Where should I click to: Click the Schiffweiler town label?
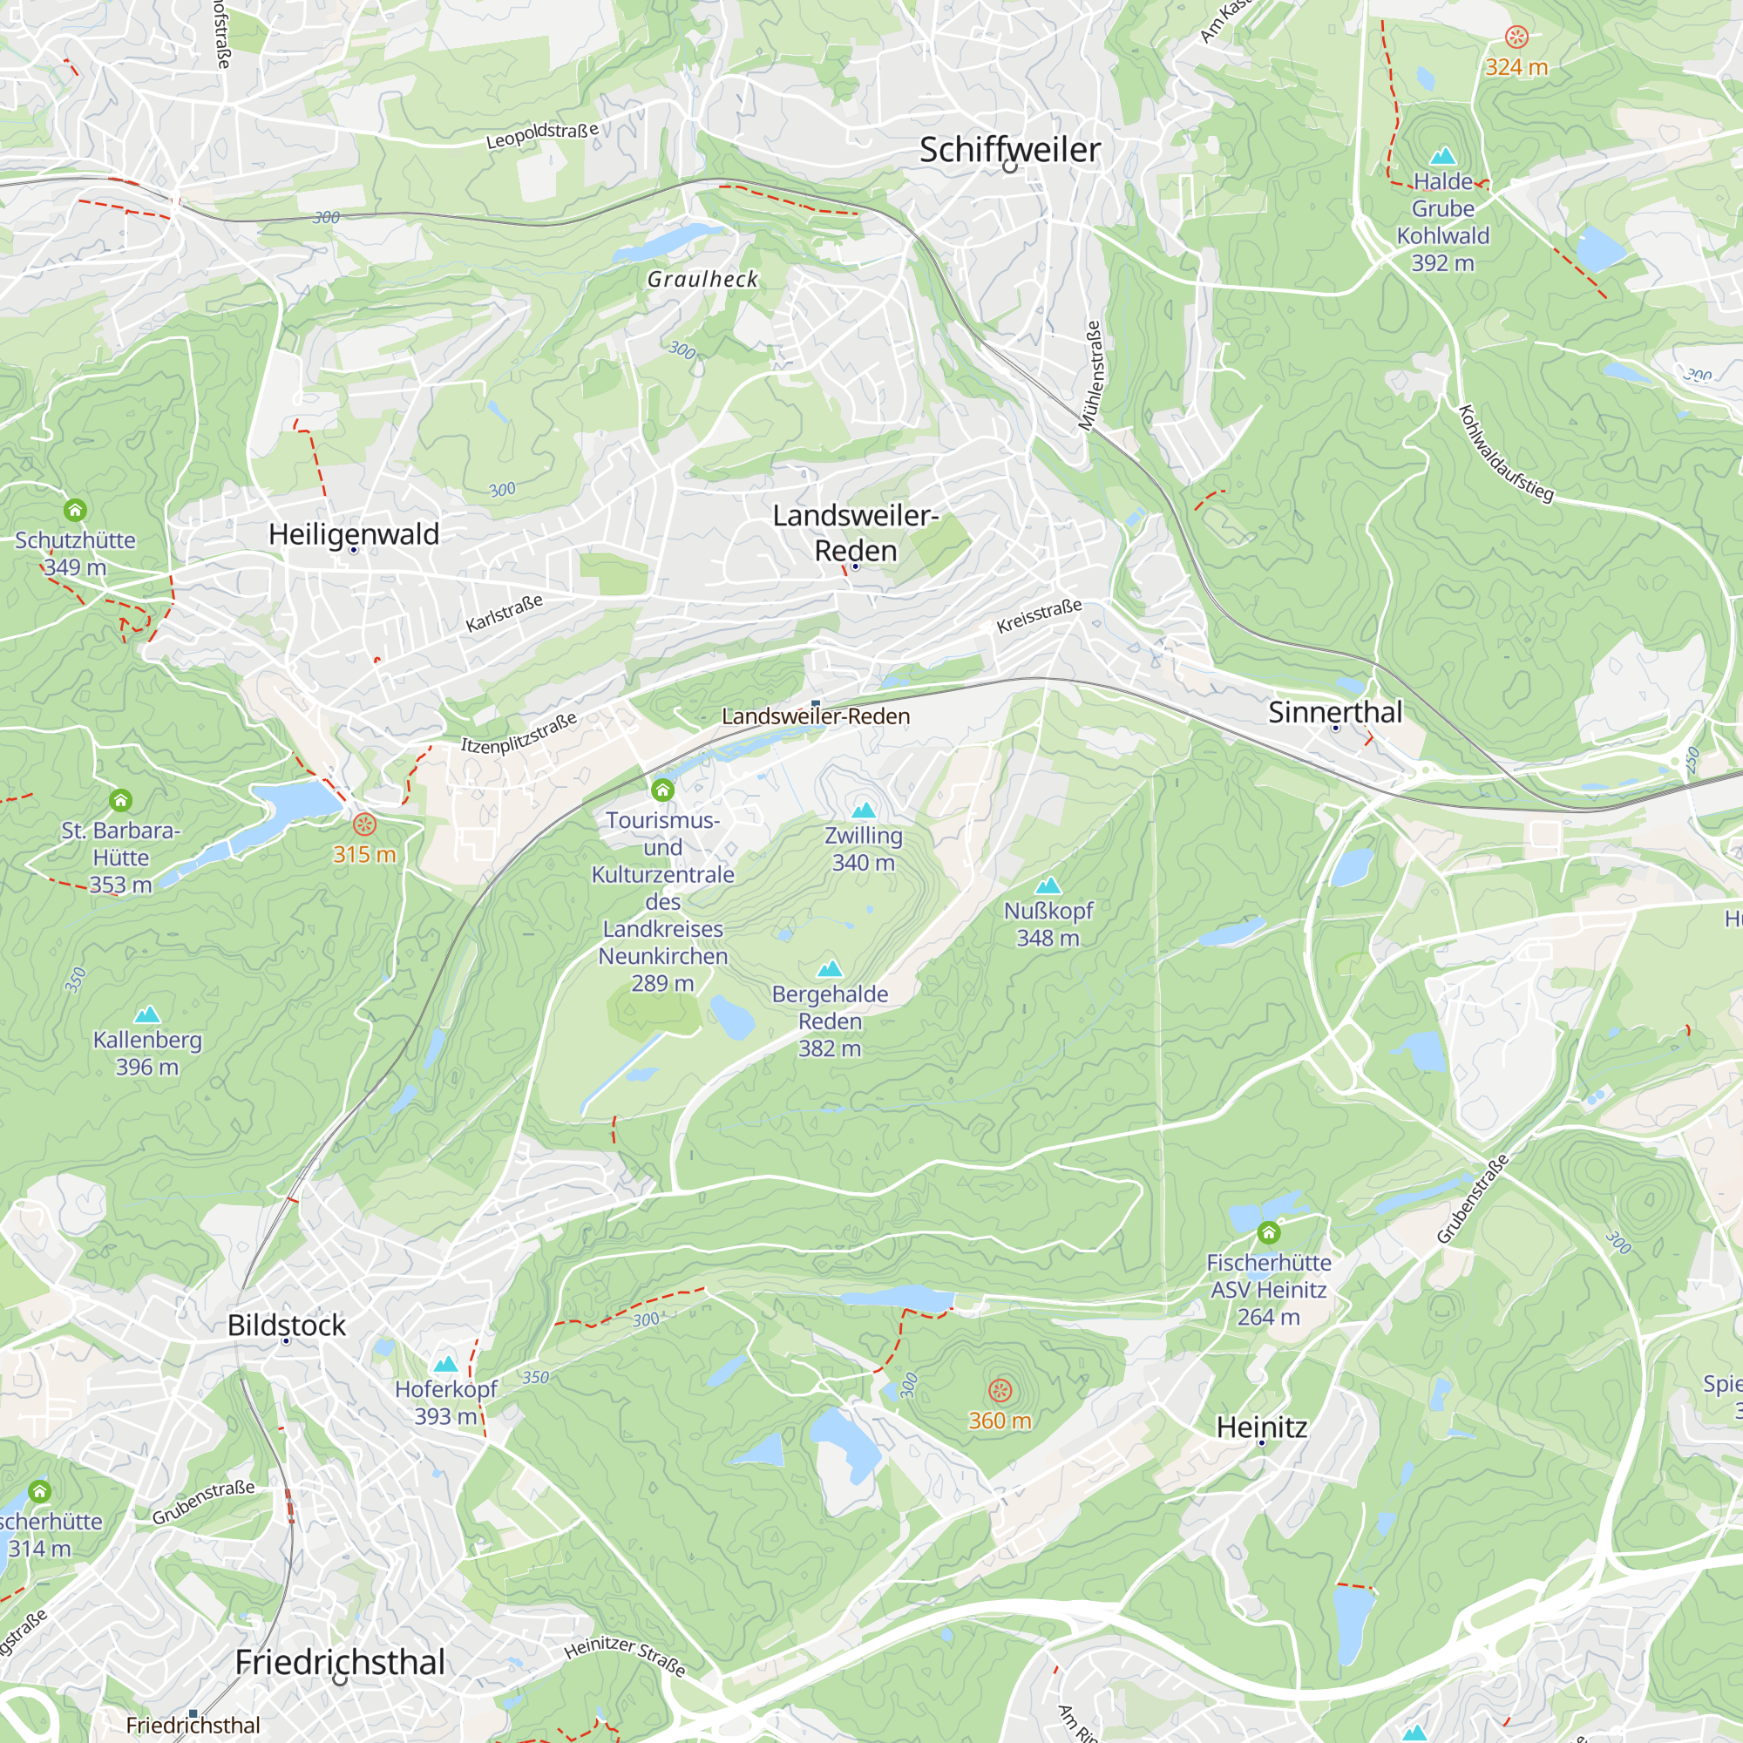[x=1009, y=150]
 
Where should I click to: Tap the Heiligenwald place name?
[x=354, y=534]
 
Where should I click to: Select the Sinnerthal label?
[x=1335, y=712]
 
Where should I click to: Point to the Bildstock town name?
[x=286, y=1326]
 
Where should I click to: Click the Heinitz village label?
[x=1261, y=1428]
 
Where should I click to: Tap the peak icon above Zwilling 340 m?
[x=864, y=810]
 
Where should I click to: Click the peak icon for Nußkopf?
[x=1048, y=885]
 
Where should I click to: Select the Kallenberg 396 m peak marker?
[x=147, y=1015]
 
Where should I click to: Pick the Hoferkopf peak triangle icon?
[x=445, y=1364]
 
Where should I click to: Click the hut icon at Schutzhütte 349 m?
[x=75, y=511]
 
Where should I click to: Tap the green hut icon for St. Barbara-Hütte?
[x=121, y=800]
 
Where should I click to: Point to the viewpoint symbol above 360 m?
[x=1000, y=1390]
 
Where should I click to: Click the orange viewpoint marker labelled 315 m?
[x=364, y=824]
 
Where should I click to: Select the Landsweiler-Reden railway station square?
[x=816, y=703]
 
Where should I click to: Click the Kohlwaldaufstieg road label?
[x=1506, y=454]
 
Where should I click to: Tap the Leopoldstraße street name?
[x=542, y=135]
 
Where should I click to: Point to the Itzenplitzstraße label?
[x=519, y=733]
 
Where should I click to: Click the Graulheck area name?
[x=702, y=280]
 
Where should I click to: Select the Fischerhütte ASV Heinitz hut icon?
[x=1268, y=1232]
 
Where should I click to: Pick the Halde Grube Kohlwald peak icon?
[x=1442, y=156]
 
